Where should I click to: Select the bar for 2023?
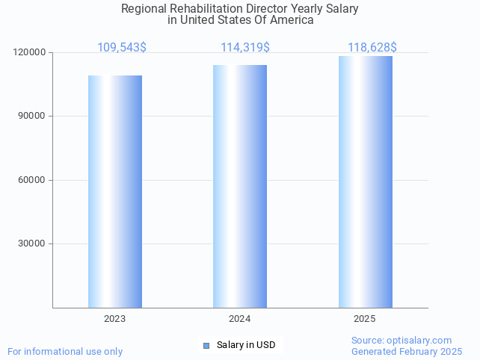(114, 191)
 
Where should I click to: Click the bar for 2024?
(239, 186)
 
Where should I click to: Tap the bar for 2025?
(365, 181)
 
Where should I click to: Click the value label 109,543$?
(122, 48)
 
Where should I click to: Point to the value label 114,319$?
(245, 48)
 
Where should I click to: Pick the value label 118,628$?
(372, 48)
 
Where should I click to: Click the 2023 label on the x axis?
(114, 319)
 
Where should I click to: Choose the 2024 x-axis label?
(239, 319)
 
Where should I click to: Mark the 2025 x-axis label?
(365, 319)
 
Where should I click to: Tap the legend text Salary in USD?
(246, 345)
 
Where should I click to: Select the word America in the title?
(292, 20)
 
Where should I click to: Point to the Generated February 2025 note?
(407, 351)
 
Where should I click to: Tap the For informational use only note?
(65, 351)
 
